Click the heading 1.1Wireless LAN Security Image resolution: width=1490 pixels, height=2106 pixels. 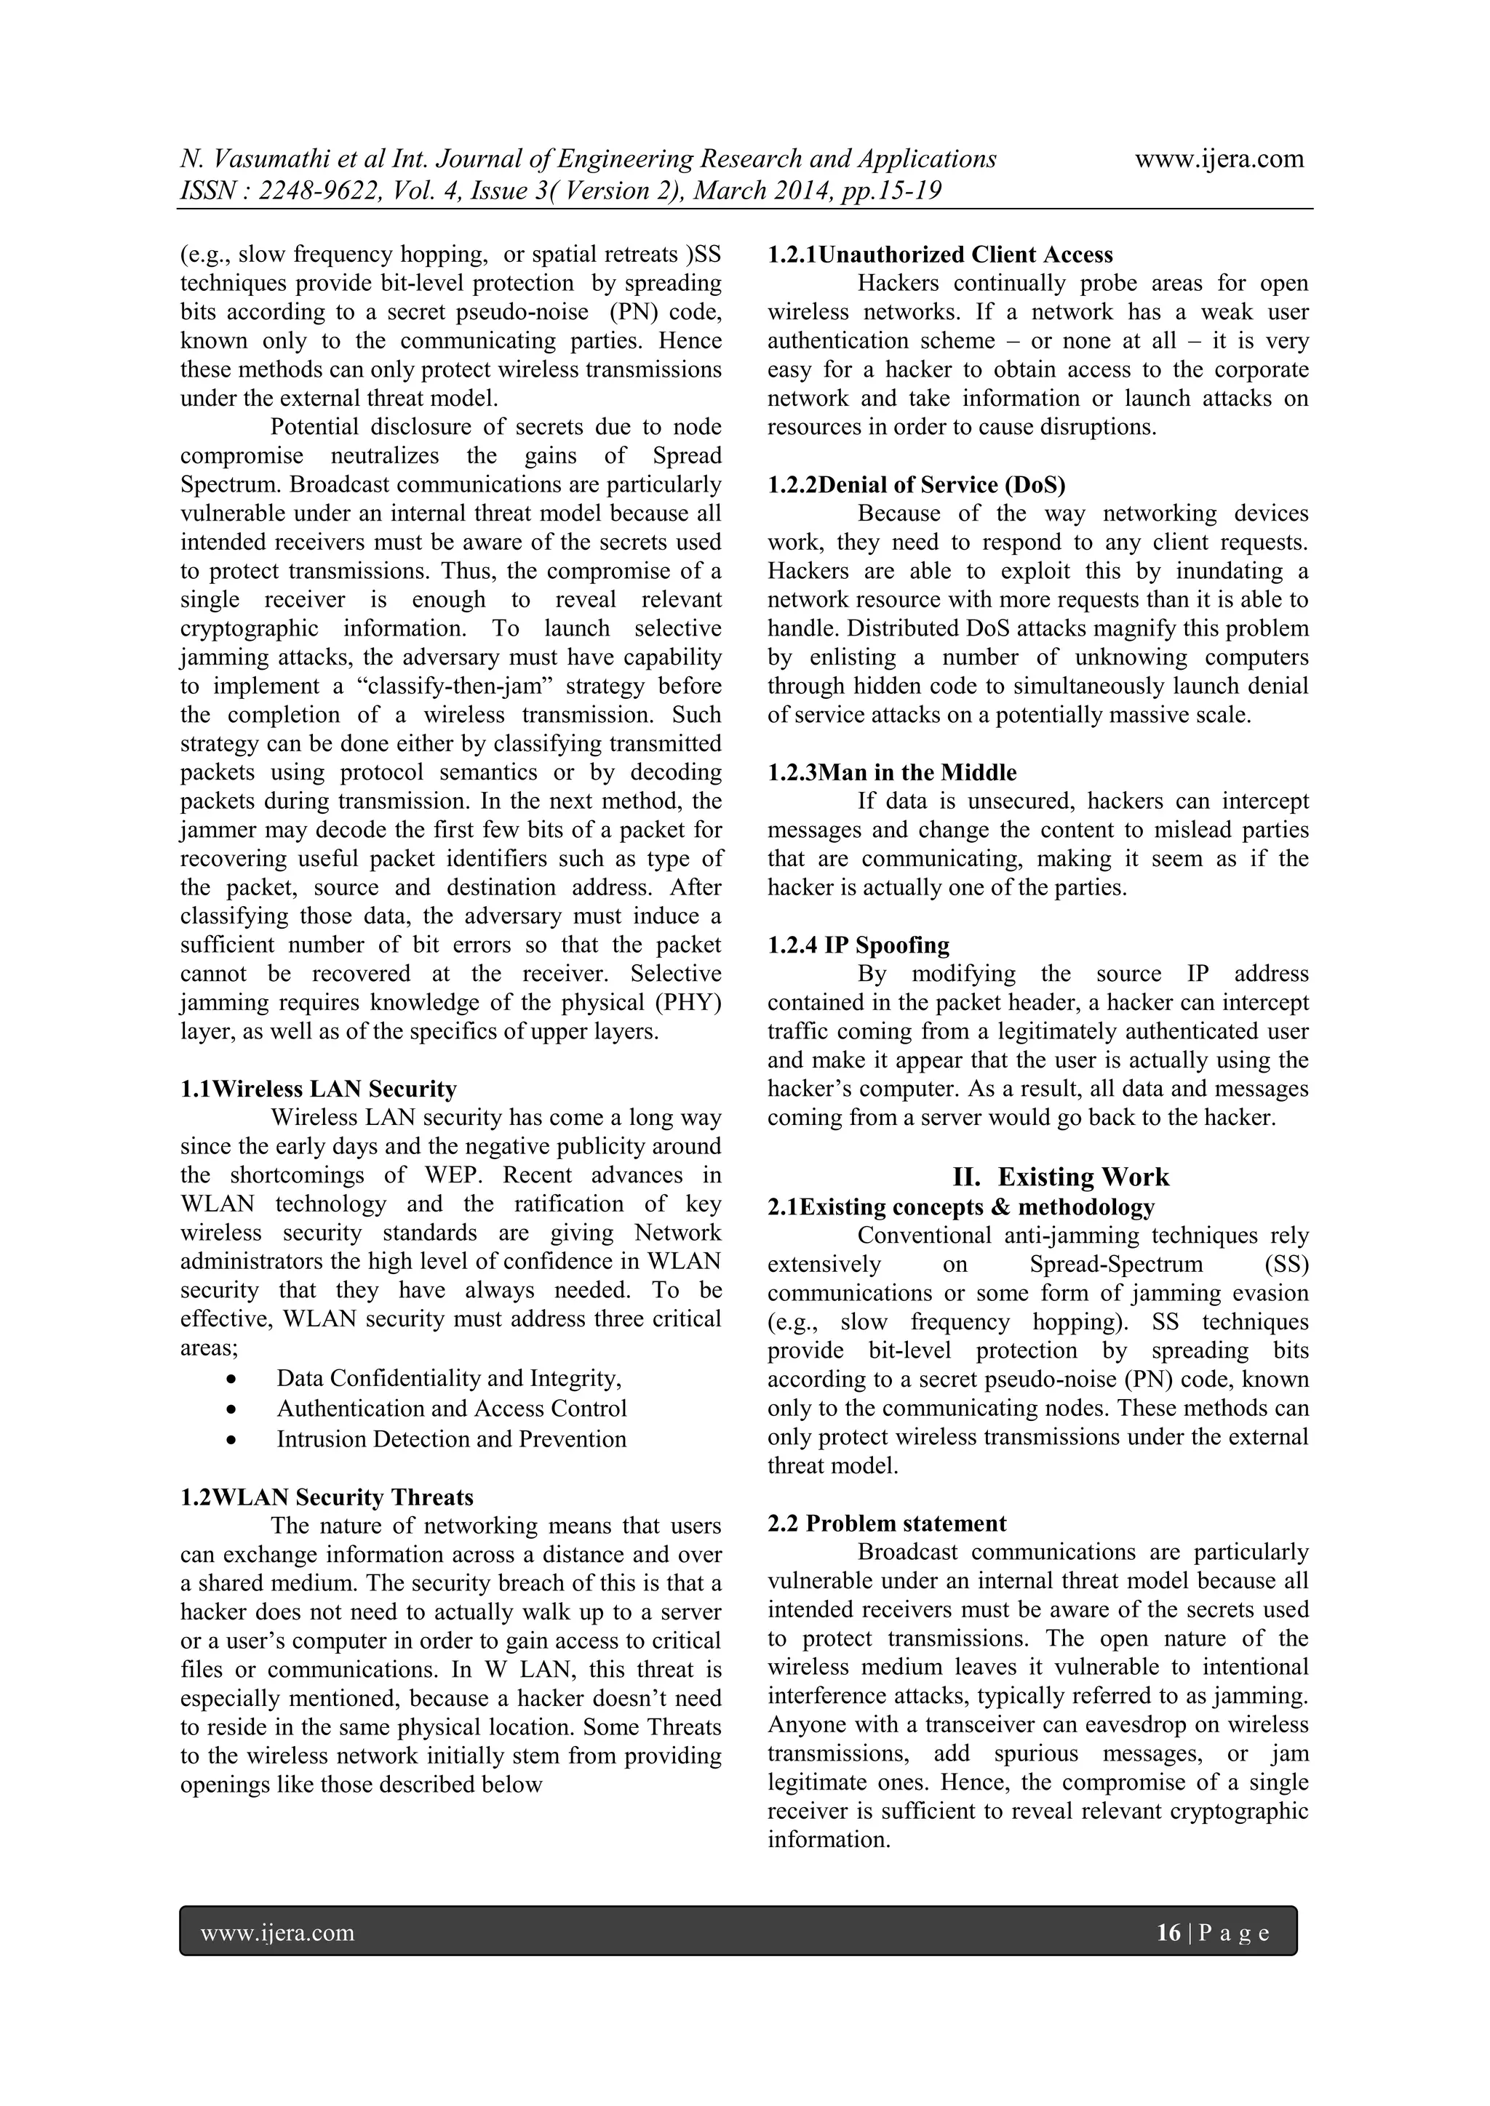[319, 1089]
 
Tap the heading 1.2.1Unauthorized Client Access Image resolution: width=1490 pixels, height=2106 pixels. [941, 255]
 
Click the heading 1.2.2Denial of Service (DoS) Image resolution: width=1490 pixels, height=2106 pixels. [917, 484]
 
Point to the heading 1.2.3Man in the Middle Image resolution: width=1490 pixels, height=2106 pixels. [892, 772]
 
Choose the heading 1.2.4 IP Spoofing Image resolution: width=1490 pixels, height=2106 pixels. [858, 945]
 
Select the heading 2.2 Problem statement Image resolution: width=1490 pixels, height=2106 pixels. [887, 1524]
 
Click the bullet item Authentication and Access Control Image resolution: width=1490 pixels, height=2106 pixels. [451, 1408]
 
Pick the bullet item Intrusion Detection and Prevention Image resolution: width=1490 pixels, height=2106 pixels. [451, 1438]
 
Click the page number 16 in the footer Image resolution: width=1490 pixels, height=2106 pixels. [1168, 1933]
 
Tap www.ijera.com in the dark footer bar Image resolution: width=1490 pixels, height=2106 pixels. [278, 1933]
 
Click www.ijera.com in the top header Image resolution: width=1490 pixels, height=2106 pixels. [1219, 159]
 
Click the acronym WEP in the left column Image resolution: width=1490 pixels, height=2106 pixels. [474, 1175]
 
